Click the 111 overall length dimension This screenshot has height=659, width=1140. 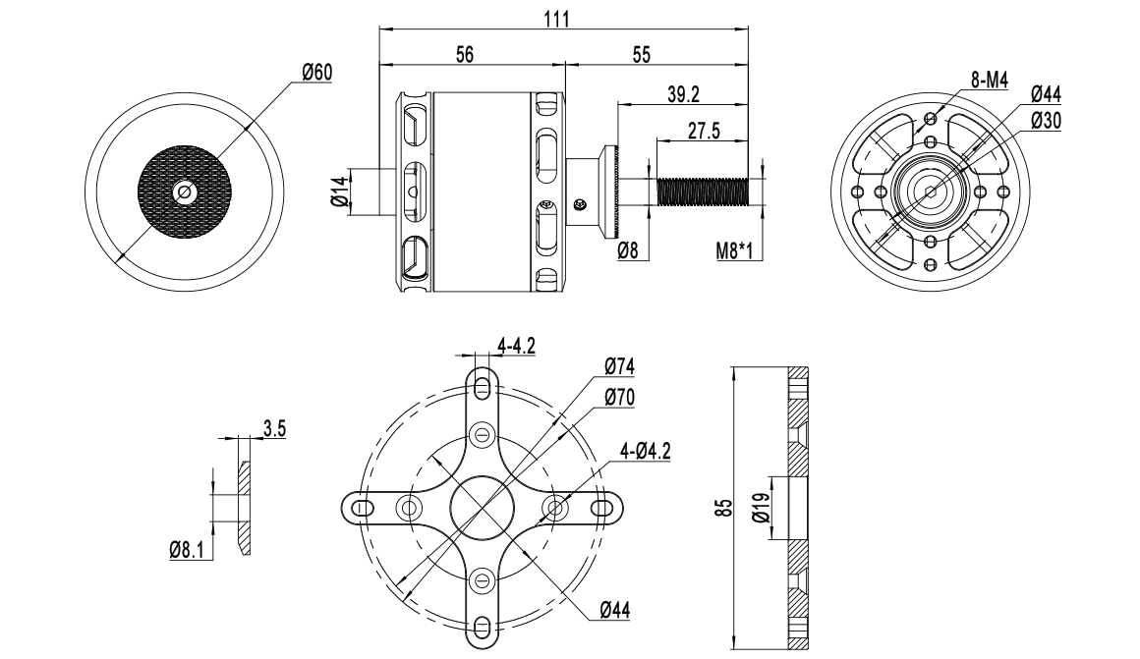(557, 19)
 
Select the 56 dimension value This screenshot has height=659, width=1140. (465, 54)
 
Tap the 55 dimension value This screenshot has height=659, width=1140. (641, 54)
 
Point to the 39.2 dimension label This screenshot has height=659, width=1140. (683, 94)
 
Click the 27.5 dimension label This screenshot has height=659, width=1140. (704, 131)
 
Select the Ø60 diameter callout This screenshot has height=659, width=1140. (317, 73)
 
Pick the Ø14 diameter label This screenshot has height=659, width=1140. (339, 192)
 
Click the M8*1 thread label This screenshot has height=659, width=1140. (734, 251)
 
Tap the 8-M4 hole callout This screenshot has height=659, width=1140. (990, 81)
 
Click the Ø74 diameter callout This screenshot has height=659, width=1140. (619, 367)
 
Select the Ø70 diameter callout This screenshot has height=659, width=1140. (619, 398)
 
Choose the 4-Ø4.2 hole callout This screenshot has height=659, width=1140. (645, 451)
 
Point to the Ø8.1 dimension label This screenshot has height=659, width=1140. (187, 549)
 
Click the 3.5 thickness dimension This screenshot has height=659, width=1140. (275, 428)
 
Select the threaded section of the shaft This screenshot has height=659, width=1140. (703, 192)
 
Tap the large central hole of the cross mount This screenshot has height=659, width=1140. (482, 507)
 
